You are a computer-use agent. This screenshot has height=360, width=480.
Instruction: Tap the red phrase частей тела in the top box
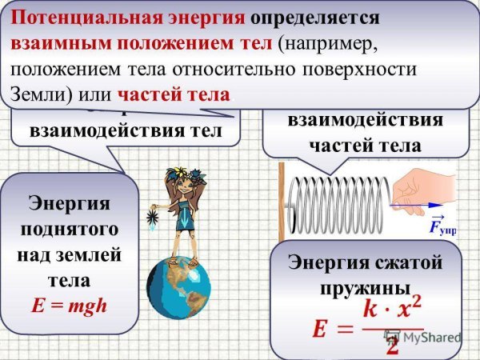point(174,94)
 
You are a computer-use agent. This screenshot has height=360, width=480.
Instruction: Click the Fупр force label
point(443,229)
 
